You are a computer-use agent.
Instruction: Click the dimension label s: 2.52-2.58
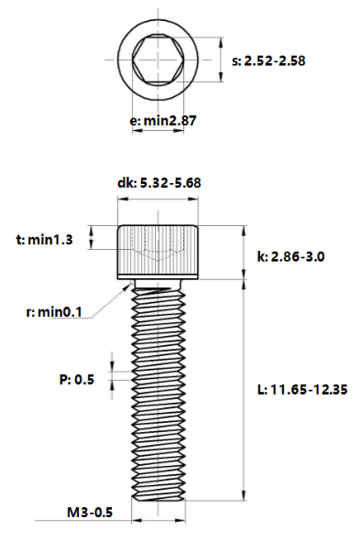(x=268, y=61)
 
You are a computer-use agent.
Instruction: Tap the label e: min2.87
(x=163, y=121)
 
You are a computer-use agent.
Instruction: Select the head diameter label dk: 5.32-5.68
(x=159, y=182)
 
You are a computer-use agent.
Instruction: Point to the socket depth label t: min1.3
(x=45, y=239)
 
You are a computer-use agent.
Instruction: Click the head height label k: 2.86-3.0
(x=290, y=256)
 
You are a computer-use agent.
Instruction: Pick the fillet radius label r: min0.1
(x=54, y=312)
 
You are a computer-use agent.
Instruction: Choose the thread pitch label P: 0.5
(x=77, y=380)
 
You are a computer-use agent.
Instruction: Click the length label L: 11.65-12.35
(x=302, y=390)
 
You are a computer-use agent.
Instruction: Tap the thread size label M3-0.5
(x=90, y=513)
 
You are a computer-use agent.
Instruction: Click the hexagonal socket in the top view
(x=158, y=60)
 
